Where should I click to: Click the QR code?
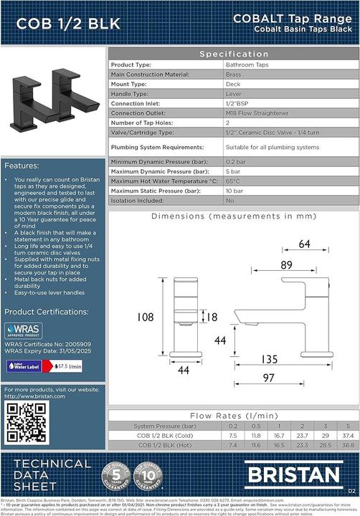point(27,422)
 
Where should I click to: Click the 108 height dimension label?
point(146,316)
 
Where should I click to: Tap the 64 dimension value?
point(304,244)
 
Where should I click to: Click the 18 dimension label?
point(212,316)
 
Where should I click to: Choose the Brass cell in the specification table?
point(233,74)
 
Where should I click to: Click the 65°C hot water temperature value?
point(232,181)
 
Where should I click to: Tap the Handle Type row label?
point(129,94)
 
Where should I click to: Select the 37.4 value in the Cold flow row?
point(347,435)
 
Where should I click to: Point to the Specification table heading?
point(234,54)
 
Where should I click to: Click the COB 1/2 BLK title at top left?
point(59,24)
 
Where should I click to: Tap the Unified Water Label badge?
point(22,365)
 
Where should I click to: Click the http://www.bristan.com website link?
point(34,396)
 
